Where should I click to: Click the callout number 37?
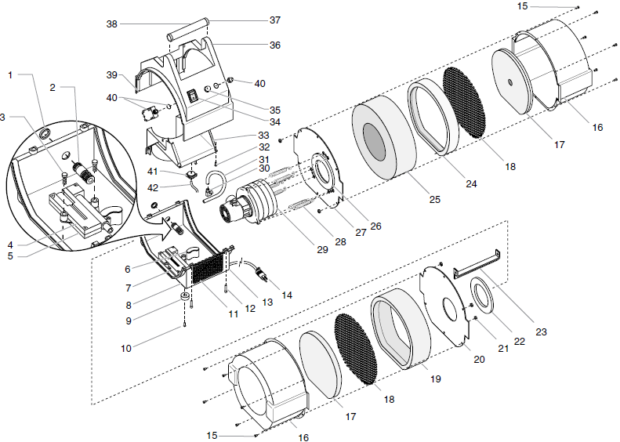274,20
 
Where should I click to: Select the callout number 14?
287,295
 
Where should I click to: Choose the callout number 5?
10,255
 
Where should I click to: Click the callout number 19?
436,379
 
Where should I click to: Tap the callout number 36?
274,45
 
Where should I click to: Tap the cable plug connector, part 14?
262,275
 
